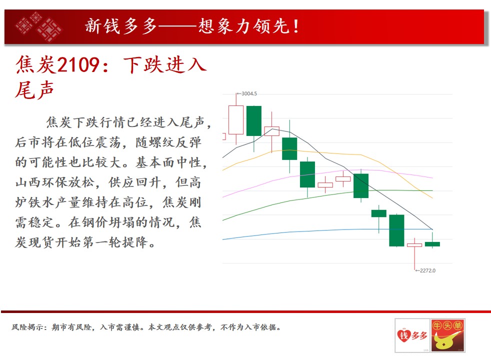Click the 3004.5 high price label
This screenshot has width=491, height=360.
point(249,93)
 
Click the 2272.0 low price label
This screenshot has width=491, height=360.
point(427,270)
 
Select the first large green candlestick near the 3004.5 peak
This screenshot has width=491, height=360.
point(254,121)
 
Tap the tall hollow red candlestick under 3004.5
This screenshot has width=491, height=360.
point(236,120)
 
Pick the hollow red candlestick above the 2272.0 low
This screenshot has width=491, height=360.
point(414,245)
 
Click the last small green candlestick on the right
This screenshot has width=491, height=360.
point(432,244)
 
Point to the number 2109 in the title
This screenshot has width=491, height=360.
point(79,65)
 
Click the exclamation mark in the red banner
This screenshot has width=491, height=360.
point(296,26)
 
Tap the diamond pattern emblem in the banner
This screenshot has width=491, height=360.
point(38,26)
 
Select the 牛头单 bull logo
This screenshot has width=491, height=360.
point(448,335)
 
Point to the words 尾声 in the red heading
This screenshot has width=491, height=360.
point(34,90)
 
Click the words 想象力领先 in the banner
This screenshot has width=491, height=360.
point(243,26)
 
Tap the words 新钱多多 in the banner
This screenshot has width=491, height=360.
point(121,26)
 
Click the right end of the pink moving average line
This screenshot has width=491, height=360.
point(432,178)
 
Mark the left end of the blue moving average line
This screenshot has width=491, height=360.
point(222,239)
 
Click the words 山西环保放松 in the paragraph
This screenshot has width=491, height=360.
point(55,182)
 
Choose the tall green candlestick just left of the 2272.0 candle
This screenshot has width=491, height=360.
point(396,230)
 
